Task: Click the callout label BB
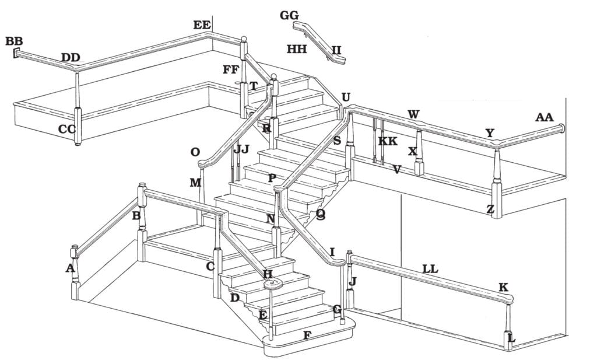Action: (14, 41)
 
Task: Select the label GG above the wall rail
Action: (289, 15)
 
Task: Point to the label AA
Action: (545, 117)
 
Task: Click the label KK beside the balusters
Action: (387, 141)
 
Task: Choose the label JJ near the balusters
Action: (241, 149)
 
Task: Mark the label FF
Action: (231, 69)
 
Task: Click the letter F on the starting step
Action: (307, 335)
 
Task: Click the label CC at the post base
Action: (66, 129)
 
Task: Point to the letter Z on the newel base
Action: (490, 209)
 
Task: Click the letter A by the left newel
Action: (70, 268)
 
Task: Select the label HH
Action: (297, 49)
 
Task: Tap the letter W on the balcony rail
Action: (413, 114)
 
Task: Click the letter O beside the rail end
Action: (195, 152)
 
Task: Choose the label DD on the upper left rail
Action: (71, 57)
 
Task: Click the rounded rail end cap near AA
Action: (562, 128)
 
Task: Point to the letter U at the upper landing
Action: (346, 97)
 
